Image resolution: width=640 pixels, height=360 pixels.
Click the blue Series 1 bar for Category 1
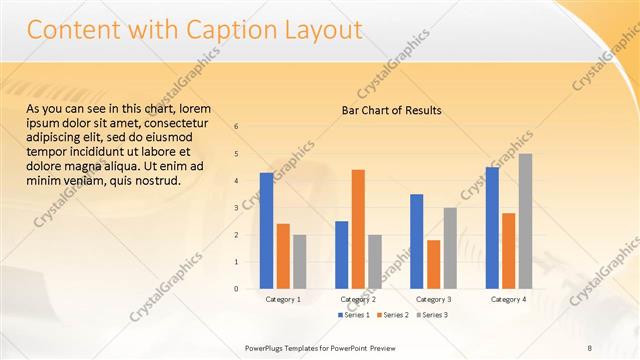coord(266,231)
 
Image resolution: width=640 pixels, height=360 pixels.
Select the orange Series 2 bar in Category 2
coord(358,229)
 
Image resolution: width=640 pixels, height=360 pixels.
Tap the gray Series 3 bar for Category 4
coord(525,221)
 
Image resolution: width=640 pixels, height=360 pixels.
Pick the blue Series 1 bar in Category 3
coord(416,241)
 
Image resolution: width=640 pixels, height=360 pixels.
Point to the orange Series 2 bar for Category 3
coord(433,264)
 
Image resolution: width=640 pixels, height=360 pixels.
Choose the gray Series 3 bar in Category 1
coord(299,262)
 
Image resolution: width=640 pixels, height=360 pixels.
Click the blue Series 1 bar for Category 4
coord(492,228)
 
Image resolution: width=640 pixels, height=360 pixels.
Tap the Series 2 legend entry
coord(394,315)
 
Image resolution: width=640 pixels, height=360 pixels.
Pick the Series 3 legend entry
coord(433,315)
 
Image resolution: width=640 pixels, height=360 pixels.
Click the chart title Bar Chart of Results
coord(385,110)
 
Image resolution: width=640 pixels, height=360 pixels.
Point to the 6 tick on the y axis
coord(236,127)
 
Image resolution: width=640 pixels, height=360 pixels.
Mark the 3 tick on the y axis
coord(236,208)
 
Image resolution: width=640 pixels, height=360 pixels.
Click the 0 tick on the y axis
coord(236,289)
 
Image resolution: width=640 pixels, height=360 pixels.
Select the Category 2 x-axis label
coord(358,299)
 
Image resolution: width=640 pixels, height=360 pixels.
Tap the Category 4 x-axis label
coord(508,299)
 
